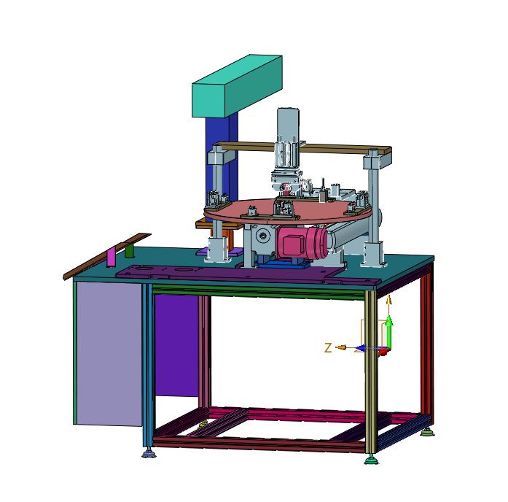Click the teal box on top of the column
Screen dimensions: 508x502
tap(237, 86)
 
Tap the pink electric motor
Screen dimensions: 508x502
tap(301, 244)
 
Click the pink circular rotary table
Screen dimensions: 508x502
tap(288, 212)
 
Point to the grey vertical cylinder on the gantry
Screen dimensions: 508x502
tap(288, 136)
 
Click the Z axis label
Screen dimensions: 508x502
tap(328, 348)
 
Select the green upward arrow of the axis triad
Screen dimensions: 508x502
tap(389, 331)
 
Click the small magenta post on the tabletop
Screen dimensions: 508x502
tap(111, 257)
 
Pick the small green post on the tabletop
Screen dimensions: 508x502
tap(130, 250)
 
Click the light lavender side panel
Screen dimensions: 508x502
tap(109, 353)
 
